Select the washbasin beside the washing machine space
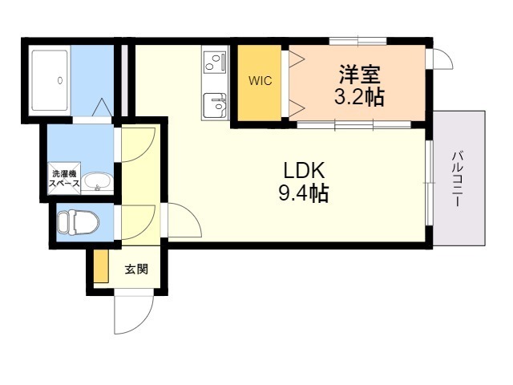(x=95, y=181)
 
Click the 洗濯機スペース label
(x=65, y=179)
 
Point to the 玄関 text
(x=135, y=269)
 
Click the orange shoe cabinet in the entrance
(x=101, y=267)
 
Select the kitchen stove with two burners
(x=215, y=60)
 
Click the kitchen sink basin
(x=215, y=104)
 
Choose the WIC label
(x=258, y=82)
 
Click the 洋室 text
(x=357, y=75)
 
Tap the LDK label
(x=301, y=171)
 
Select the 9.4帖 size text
(x=301, y=193)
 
